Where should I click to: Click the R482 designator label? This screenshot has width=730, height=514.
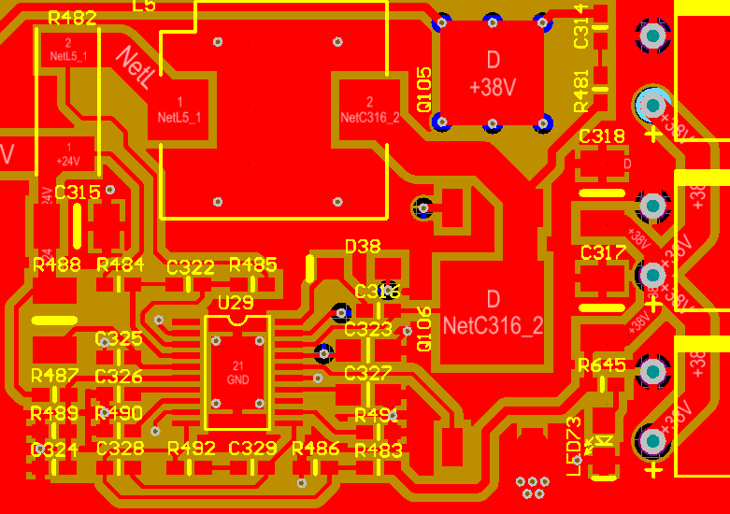pyautogui.click(x=71, y=18)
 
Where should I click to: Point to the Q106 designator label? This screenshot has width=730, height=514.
pyautogui.click(x=423, y=329)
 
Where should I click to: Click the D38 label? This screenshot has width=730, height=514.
pyautogui.click(x=363, y=247)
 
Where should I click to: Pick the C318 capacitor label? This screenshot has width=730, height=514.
pyautogui.click(x=602, y=136)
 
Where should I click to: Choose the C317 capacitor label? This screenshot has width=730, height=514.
pyautogui.click(x=603, y=253)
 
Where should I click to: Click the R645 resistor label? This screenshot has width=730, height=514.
pyautogui.click(x=602, y=364)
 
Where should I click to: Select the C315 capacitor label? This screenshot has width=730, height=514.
pyautogui.click(x=78, y=193)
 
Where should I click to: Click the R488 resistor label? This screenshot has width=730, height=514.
pyautogui.click(x=56, y=264)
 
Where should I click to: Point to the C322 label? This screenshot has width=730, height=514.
pyautogui.click(x=191, y=267)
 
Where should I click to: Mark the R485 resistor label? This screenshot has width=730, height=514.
pyautogui.click(x=253, y=264)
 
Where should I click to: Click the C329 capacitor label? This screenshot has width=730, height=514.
pyautogui.click(x=253, y=449)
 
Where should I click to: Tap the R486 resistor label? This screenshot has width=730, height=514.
pyautogui.click(x=316, y=449)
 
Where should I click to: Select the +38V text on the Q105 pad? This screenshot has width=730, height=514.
pyautogui.click(x=493, y=87)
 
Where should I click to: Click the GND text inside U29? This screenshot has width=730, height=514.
pyautogui.click(x=237, y=380)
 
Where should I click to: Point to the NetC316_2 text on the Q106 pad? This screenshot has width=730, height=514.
pyautogui.click(x=493, y=326)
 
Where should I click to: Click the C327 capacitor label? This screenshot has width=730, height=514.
pyautogui.click(x=368, y=374)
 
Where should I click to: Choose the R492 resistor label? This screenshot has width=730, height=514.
pyautogui.click(x=192, y=449)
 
